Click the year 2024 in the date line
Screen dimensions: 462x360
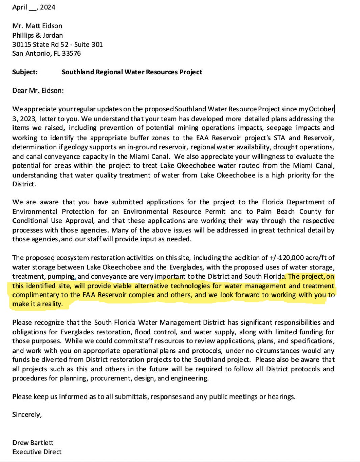(48, 7)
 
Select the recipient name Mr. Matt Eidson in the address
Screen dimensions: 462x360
(37, 26)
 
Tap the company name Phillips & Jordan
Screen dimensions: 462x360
(37, 35)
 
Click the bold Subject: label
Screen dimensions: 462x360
(25, 72)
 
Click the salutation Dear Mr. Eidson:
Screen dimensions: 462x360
(38, 91)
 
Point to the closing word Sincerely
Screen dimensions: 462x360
(27, 415)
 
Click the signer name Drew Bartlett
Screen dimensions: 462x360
(33, 443)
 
